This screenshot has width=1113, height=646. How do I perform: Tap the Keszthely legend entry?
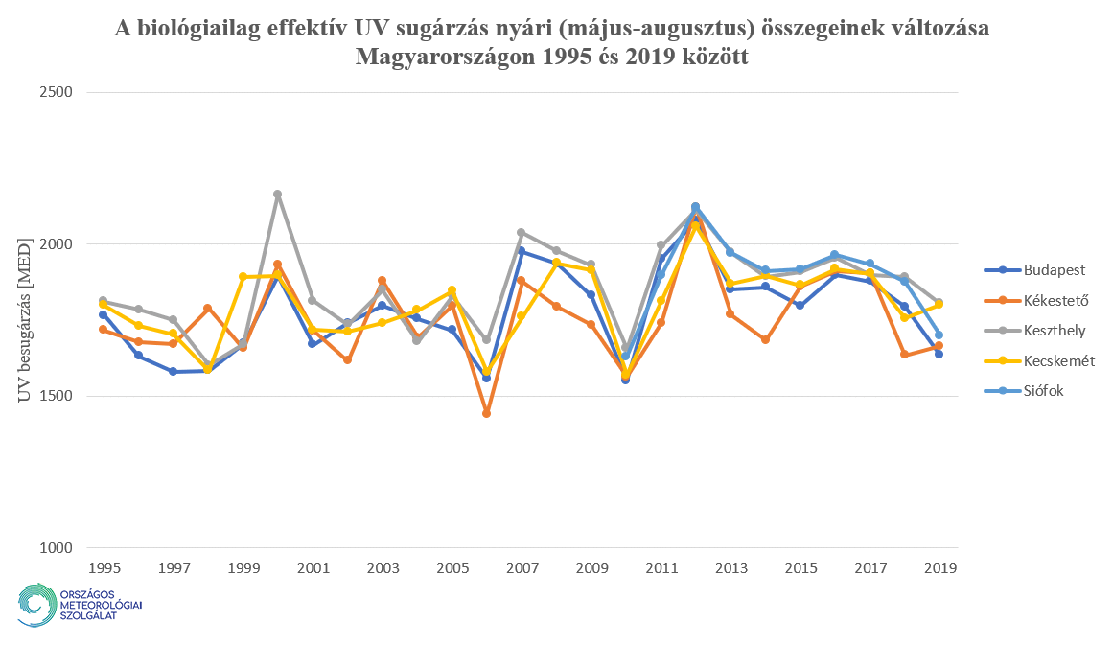coord(1032,331)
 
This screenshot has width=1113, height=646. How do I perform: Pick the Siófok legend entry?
coord(1023,391)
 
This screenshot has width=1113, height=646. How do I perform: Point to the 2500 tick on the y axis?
coord(59,92)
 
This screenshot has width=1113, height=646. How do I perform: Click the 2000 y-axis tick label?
coord(59,244)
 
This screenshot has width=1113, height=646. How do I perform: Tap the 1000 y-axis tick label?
coord(59,548)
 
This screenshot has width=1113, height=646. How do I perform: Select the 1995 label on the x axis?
coord(103,567)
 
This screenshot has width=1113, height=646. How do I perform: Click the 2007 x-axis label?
coord(521,567)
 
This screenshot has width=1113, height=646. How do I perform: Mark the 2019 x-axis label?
coord(939,567)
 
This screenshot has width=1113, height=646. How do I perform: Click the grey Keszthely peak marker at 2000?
coord(277,195)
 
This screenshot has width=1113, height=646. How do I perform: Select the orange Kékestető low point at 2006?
coord(486,414)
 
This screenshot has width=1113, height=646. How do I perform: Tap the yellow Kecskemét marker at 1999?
coord(243,277)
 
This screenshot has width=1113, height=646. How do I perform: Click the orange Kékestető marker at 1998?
coord(207,309)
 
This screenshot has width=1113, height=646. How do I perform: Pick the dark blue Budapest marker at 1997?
coord(173,371)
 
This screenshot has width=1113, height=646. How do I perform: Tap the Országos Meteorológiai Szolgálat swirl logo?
coord(36,604)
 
